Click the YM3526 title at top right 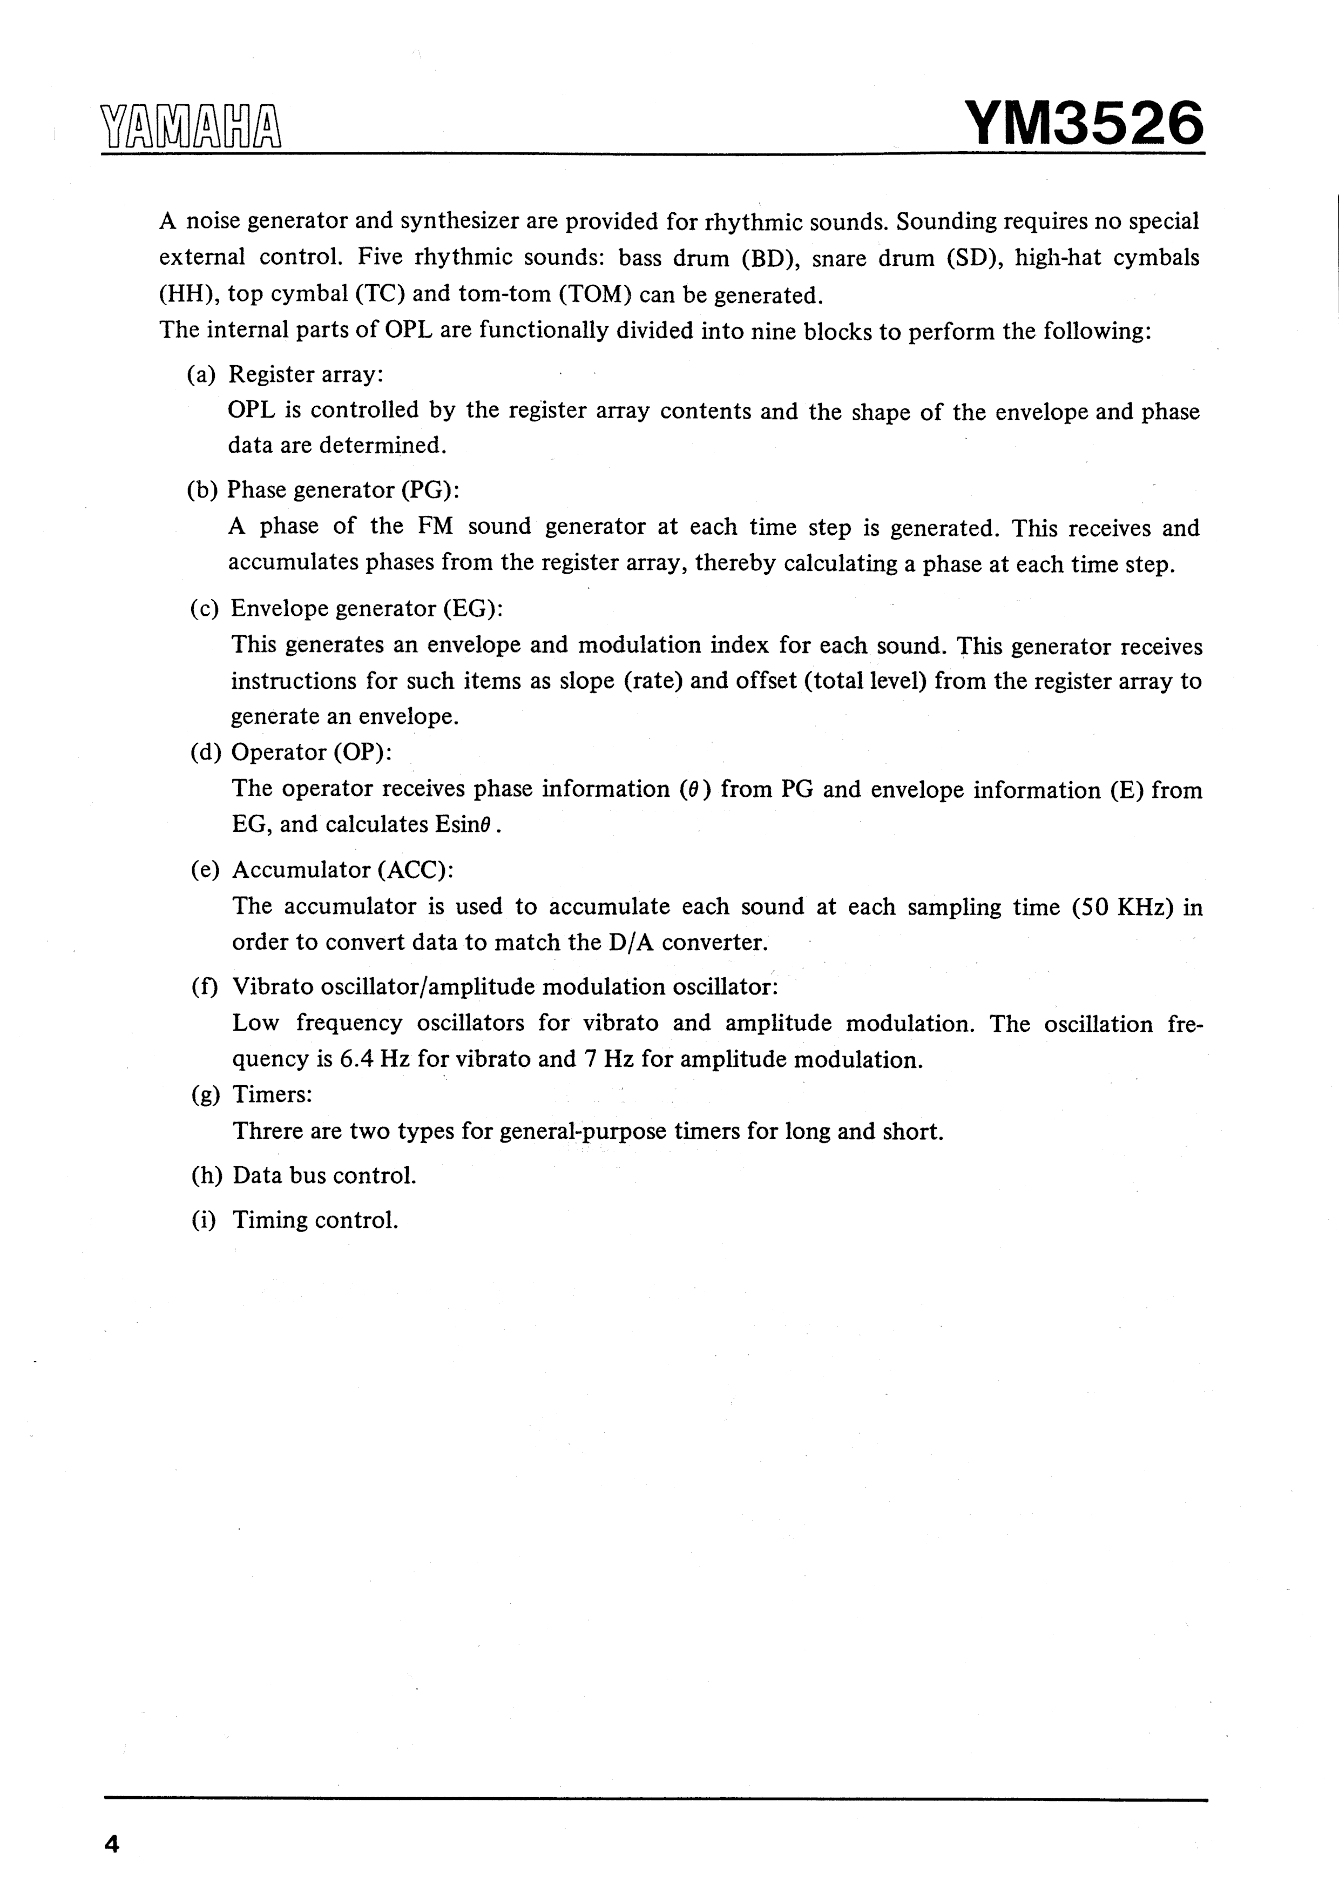(1083, 124)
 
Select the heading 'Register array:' (305, 375)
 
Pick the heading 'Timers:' (272, 1094)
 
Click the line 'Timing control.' (315, 1220)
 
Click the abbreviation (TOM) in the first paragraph (595, 294)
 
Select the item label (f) (205, 987)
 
